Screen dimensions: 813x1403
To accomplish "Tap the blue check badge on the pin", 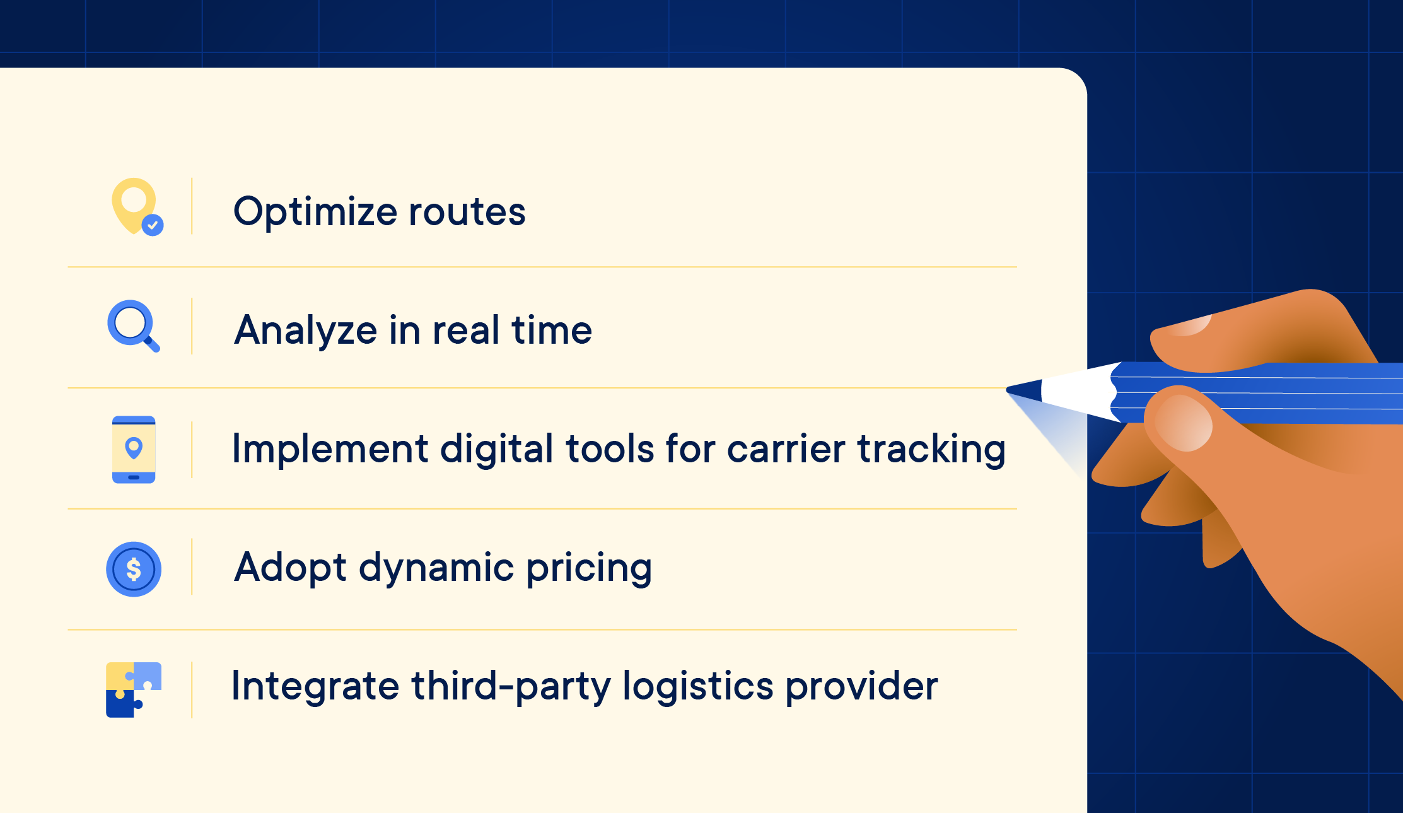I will (x=153, y=225).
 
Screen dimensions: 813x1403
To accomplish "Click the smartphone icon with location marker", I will (x=134, y=449).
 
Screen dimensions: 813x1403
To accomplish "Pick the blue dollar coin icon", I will (x=134, y=569).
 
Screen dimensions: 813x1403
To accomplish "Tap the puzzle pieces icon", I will (x=133, y=689).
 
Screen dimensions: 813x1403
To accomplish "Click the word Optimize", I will (x=314, y=212).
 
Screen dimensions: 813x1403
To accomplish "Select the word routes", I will (x=467, y=212).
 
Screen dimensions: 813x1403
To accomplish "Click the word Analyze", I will (x=305, y=330).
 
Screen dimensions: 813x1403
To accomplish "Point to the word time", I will (x=551, y=330).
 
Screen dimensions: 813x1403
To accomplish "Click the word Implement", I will (x=330, y=449).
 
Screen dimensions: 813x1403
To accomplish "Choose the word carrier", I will (x=785, y=449).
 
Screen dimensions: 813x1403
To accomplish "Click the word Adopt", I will (x=289, y=568).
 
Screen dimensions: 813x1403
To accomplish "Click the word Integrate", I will (x=315, y=686).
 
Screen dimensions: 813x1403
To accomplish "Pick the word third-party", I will (x=511, y=686).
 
